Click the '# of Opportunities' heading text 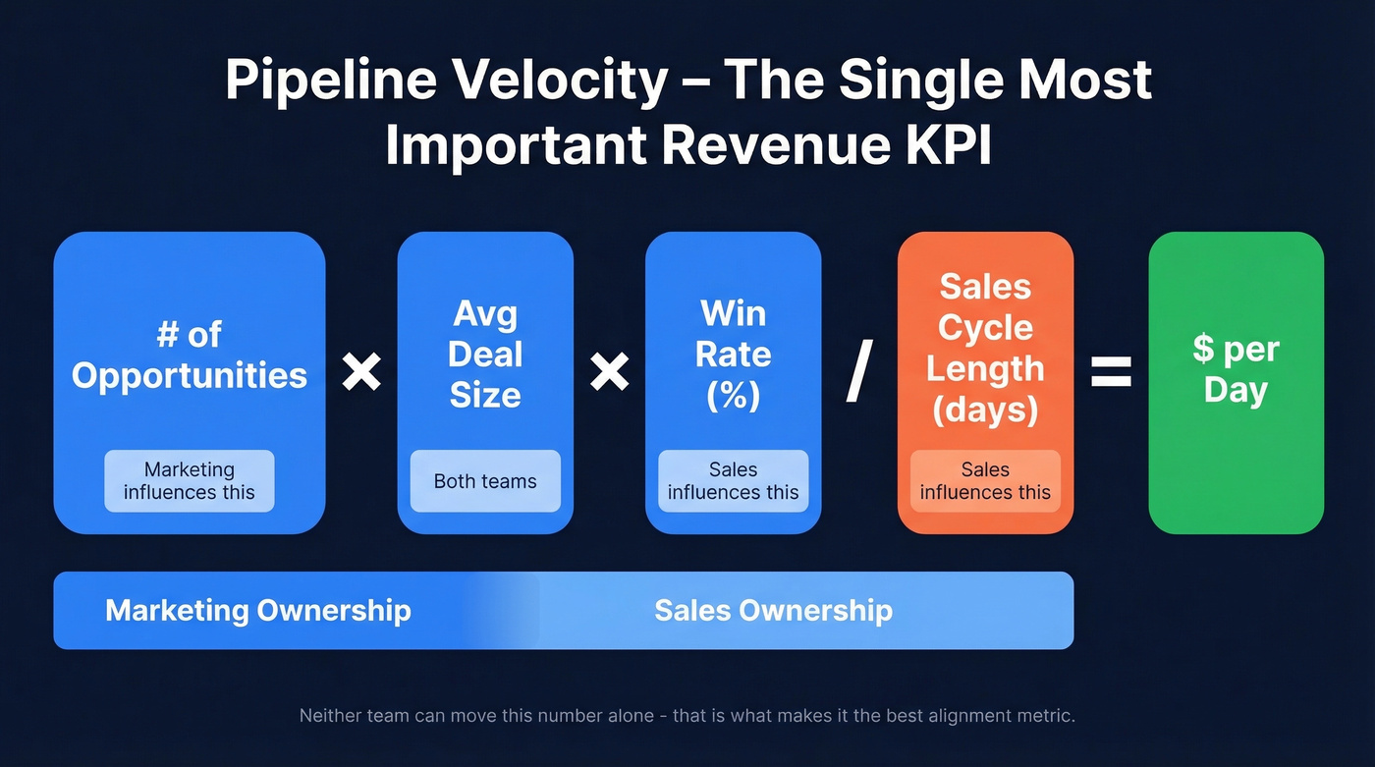pos(190,355)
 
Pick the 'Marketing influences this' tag pos(190,481)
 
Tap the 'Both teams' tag pos(485,481)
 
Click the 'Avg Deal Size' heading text pos(485,354)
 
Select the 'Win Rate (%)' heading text pos(733,354)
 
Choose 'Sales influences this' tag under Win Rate pos(733,481)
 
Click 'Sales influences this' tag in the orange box pos(985,481)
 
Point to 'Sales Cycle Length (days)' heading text pos(985,348)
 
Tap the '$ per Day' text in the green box pos(1236,369)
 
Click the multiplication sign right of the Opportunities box pos(361,372)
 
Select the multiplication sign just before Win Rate pos(609,372)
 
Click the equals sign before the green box pos(1111,372)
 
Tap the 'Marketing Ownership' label pos(258,610)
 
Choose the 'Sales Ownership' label pos(773,610)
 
